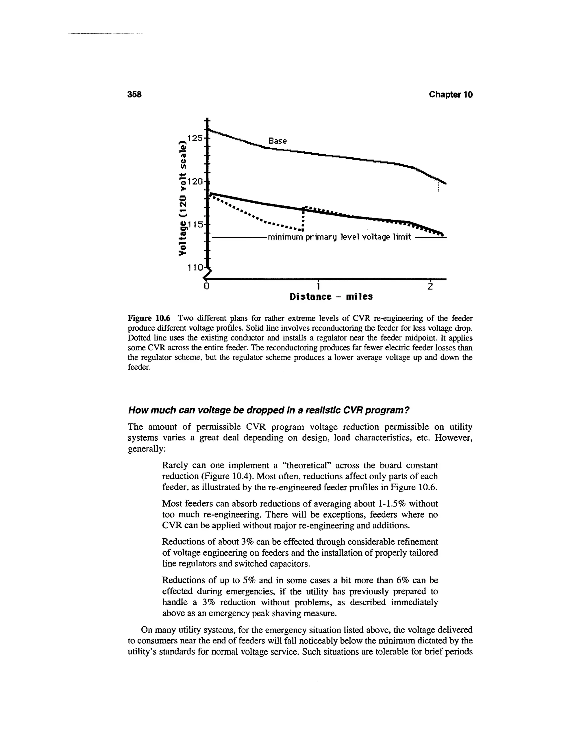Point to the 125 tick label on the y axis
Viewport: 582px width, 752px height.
point(194,138)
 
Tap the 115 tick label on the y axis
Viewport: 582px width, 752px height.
point(194,224)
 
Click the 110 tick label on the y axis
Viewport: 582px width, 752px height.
point(194,268)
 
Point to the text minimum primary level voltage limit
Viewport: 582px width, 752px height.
point(340,237)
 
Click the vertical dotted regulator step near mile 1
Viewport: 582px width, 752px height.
point(303,219)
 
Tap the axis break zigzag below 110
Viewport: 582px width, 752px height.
point(208,274)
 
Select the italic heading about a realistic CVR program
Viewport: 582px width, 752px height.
point(268,410)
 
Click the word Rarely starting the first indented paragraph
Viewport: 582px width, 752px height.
point(176,465)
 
